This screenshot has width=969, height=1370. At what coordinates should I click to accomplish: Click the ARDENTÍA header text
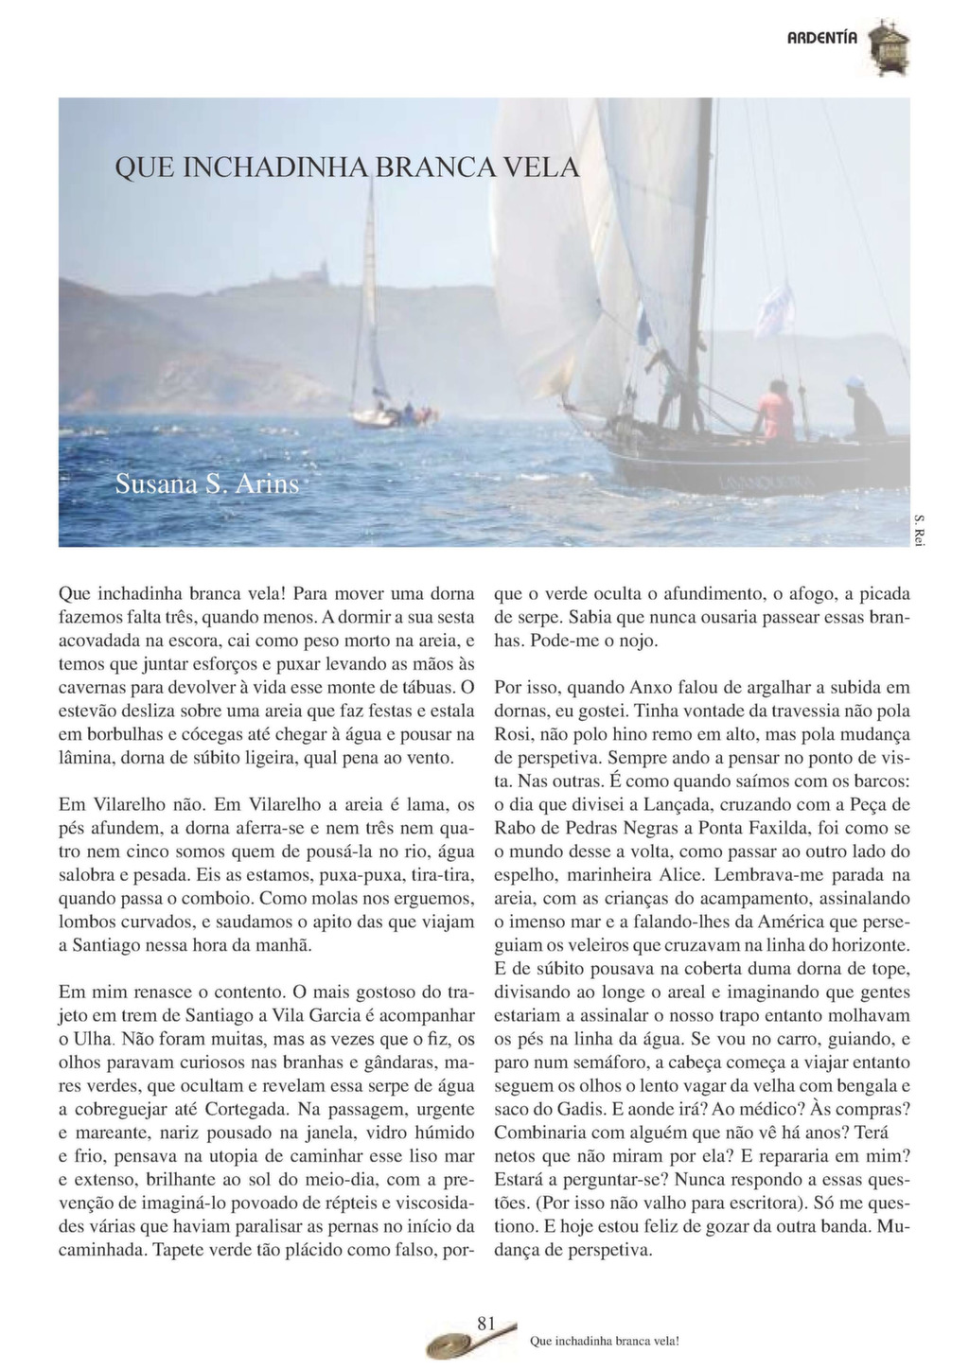(822, 39)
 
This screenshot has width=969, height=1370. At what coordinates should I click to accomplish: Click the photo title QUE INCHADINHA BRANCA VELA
(345, 167)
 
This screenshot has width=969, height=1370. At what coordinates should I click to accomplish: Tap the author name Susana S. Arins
(206, 484)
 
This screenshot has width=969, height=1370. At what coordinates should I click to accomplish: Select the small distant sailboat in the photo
(379, 378)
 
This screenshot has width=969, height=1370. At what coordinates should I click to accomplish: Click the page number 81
(487, 1322)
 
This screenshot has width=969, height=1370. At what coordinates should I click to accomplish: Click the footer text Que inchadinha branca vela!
(606, 1341)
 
